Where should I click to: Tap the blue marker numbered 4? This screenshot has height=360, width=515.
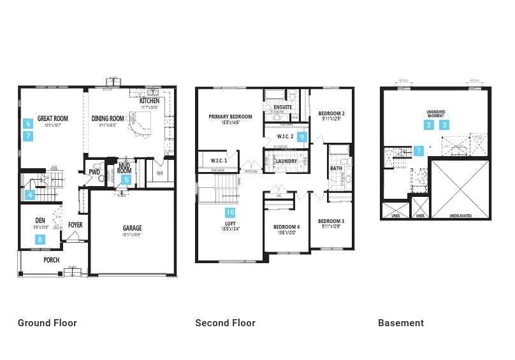[x=29, y=195]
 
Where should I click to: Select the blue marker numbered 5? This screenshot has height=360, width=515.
[x=126, y=180]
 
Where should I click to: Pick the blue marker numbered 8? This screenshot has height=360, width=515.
[x=40, y=240]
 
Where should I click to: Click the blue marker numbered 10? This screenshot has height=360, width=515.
[x=230, y=212]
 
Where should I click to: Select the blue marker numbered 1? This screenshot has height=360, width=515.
[x=418, y=151]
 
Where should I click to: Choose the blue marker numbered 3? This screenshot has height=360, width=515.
[x=444, y=125]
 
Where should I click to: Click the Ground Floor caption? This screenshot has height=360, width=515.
[x=47, y=323]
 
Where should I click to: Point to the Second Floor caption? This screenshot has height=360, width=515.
[x=225, y=323]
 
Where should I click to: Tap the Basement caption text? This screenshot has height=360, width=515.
[x=401, y=323]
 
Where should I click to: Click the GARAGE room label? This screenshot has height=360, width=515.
[x=132, y=228]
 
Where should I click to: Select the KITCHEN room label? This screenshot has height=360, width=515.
[x=149, y=101]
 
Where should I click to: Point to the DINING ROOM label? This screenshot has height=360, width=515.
[x=108, y=119]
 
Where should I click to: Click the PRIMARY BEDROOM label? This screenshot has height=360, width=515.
[x=230, y=117]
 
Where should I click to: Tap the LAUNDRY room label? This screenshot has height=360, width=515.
[x=285, y=161]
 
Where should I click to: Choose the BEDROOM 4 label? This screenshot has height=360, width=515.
[x=286, y=227]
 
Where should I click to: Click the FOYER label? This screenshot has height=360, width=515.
[x=75, y=225]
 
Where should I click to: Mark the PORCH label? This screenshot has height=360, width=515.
[x=51, y=260]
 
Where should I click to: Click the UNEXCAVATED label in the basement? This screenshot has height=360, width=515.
[x=460, y=216]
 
